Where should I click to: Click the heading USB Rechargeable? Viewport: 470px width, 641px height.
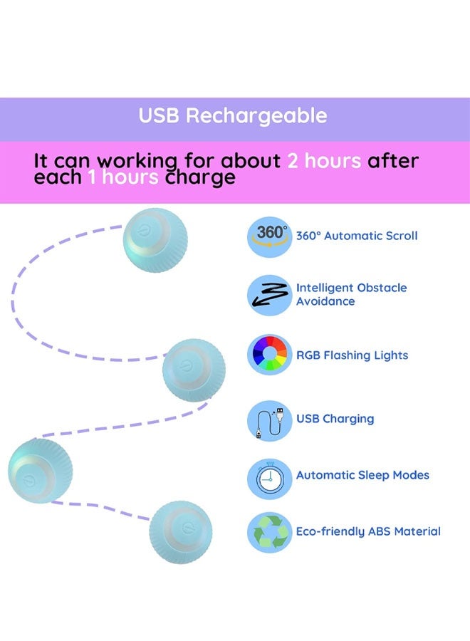[x=233, y=115]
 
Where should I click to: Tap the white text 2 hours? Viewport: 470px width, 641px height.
[x=324, y=161]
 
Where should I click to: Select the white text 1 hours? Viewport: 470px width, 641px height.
[x=123, y=177]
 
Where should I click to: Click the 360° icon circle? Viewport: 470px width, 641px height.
[x=270, y=236]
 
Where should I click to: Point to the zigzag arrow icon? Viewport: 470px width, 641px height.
[x=270, y=295]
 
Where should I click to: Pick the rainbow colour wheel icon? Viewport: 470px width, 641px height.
[x=270, y=354]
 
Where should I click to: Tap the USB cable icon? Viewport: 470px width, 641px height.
[x=270, y=421]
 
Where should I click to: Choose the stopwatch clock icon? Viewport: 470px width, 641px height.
[x=270, y=479]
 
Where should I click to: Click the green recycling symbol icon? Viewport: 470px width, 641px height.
[x=270, y=532]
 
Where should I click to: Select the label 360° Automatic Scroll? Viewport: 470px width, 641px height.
[x=357, y=236]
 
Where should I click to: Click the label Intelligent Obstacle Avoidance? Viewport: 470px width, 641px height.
[x=352, y=294]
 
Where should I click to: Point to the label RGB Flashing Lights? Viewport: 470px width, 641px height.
[x=352, y=355]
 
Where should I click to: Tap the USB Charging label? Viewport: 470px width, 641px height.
[x=335, y=419]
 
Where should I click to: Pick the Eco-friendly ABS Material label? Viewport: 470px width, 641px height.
[x=368, y=531]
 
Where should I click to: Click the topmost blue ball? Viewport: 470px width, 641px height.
[x=155, y=240]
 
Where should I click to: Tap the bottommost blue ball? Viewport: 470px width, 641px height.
[x=181, y=532]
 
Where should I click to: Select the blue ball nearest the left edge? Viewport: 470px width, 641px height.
[x=40, y=471]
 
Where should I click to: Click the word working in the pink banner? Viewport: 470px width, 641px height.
[x=137, y=162]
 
